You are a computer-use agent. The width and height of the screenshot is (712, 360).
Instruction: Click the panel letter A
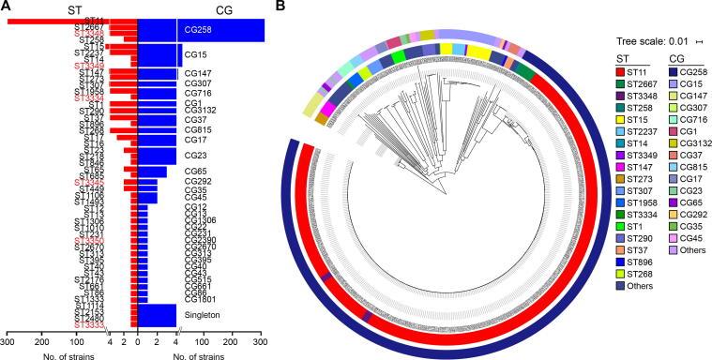coord(7,7)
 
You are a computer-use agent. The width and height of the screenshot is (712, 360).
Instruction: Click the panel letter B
coord(283,7)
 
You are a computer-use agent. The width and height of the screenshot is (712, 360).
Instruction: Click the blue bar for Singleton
coord(157,315)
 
